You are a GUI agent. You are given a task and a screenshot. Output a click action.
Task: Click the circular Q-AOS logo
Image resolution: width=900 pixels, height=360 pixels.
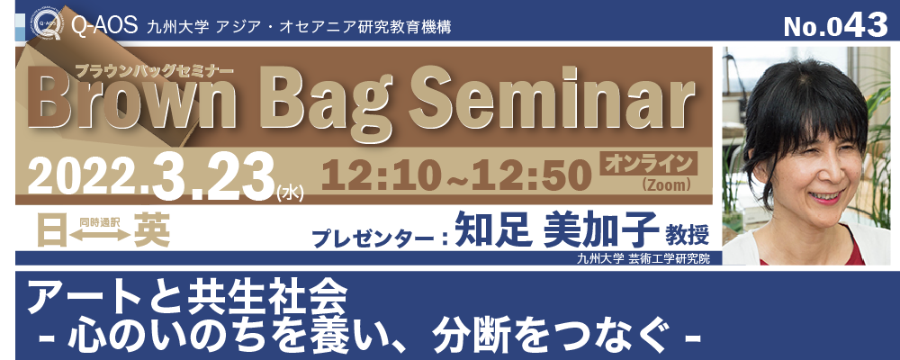[48, 24]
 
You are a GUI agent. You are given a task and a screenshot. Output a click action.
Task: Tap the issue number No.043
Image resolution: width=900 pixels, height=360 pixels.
[834, 24]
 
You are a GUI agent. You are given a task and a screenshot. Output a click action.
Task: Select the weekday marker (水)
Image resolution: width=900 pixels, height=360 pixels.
[290, 193]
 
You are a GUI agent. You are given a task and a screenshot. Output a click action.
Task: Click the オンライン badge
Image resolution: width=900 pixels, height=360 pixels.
[648, 163]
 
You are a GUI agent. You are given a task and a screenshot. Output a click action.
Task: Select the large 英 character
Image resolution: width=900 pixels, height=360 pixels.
[152, 231]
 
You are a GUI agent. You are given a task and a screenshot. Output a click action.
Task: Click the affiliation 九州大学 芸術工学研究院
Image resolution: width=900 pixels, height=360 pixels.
[643, 258]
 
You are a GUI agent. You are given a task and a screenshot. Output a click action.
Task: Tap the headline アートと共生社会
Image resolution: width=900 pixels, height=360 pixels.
[188, 296]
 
